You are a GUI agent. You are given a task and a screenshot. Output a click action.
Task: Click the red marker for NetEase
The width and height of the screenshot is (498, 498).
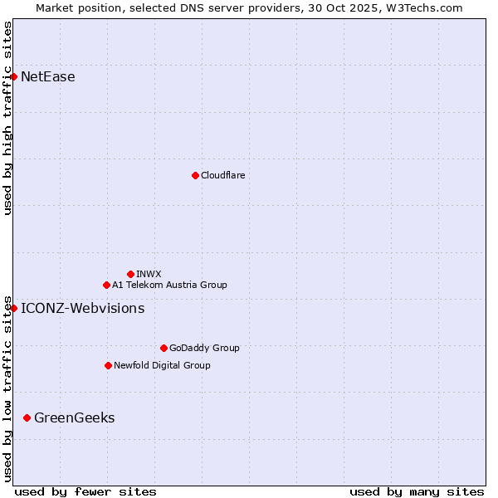click(13, 77)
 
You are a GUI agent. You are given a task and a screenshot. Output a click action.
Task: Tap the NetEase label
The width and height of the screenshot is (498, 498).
click(48, 77)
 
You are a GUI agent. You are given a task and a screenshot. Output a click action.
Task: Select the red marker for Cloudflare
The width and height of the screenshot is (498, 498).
click(195, 175)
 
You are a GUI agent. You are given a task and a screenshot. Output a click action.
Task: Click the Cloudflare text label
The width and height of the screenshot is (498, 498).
click(222, 175)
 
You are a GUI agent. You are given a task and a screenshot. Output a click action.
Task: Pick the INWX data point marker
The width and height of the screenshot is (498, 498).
click(130, 274)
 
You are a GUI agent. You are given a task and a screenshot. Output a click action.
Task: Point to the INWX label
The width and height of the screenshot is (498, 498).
click(149, 274)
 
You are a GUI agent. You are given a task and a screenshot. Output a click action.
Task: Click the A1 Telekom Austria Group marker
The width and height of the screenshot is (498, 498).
click(106, 285)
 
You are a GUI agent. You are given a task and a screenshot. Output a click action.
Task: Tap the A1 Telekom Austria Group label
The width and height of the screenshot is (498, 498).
click(169, 285)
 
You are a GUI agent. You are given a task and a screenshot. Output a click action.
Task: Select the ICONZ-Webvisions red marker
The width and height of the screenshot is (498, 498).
click(13, 309)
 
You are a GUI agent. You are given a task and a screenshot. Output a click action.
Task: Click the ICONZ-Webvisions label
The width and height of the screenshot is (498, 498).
click(82, 309)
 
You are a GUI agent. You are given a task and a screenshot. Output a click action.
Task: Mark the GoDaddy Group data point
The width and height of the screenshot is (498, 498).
click(164, 348)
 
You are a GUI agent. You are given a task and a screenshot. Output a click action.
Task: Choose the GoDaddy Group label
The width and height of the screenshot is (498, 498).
click(204, 348)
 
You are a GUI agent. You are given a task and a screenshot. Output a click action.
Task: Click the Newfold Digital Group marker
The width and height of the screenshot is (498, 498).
click(108, 365)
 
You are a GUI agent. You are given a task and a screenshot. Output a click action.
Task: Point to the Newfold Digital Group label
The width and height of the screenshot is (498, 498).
click(162, 365)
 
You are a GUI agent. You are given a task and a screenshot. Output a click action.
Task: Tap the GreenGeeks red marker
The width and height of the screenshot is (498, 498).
click(27, 417)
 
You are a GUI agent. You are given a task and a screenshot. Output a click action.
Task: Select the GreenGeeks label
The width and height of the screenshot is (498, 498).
click(74, 417)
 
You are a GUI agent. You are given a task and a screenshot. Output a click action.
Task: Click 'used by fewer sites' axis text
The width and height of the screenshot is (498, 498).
click(85, 491)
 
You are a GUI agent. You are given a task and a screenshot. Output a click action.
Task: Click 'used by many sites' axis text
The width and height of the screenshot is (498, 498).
click(417, 491)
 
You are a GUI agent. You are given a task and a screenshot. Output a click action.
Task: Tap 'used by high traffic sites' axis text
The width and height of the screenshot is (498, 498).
click(8, 118)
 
